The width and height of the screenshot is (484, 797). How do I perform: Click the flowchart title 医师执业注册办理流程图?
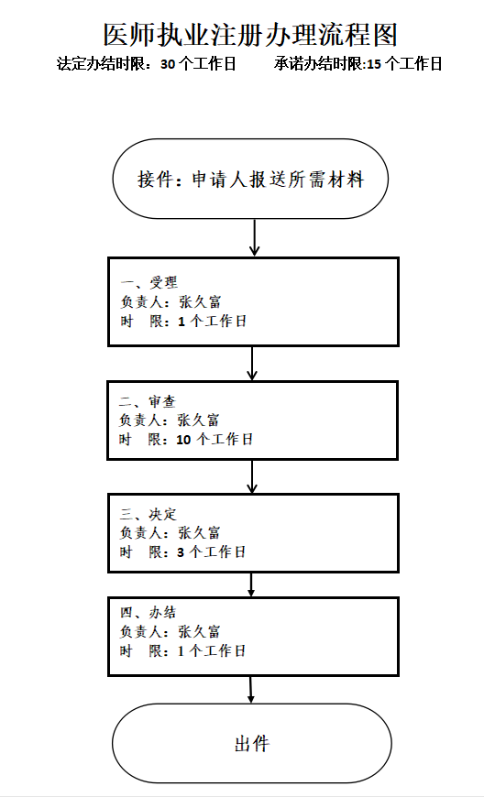(x=250, y=34)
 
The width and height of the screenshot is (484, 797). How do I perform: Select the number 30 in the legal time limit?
(x=168, y=65)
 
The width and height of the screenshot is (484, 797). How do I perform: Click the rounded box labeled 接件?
(x=250, y=180)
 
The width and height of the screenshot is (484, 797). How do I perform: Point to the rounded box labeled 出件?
(x=250, y=743)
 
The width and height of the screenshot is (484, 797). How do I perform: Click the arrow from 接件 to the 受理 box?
(x=255, y=237)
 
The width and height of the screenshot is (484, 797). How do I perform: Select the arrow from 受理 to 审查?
(x=253, y=363)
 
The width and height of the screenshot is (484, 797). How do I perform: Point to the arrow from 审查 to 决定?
(x=253, y=476)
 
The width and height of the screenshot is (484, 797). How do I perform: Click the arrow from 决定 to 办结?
(x=252, y=584)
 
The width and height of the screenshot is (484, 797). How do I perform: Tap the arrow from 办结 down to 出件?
(x=251, y=690)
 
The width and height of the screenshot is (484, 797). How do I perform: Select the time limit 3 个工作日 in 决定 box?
(x=212, y=552)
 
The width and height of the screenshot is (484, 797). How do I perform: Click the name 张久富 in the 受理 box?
(x=199, y=301)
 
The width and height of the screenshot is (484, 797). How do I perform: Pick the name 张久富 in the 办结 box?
(x=199, y=632)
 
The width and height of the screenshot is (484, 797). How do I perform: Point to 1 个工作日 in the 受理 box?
(x=212, y=322)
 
